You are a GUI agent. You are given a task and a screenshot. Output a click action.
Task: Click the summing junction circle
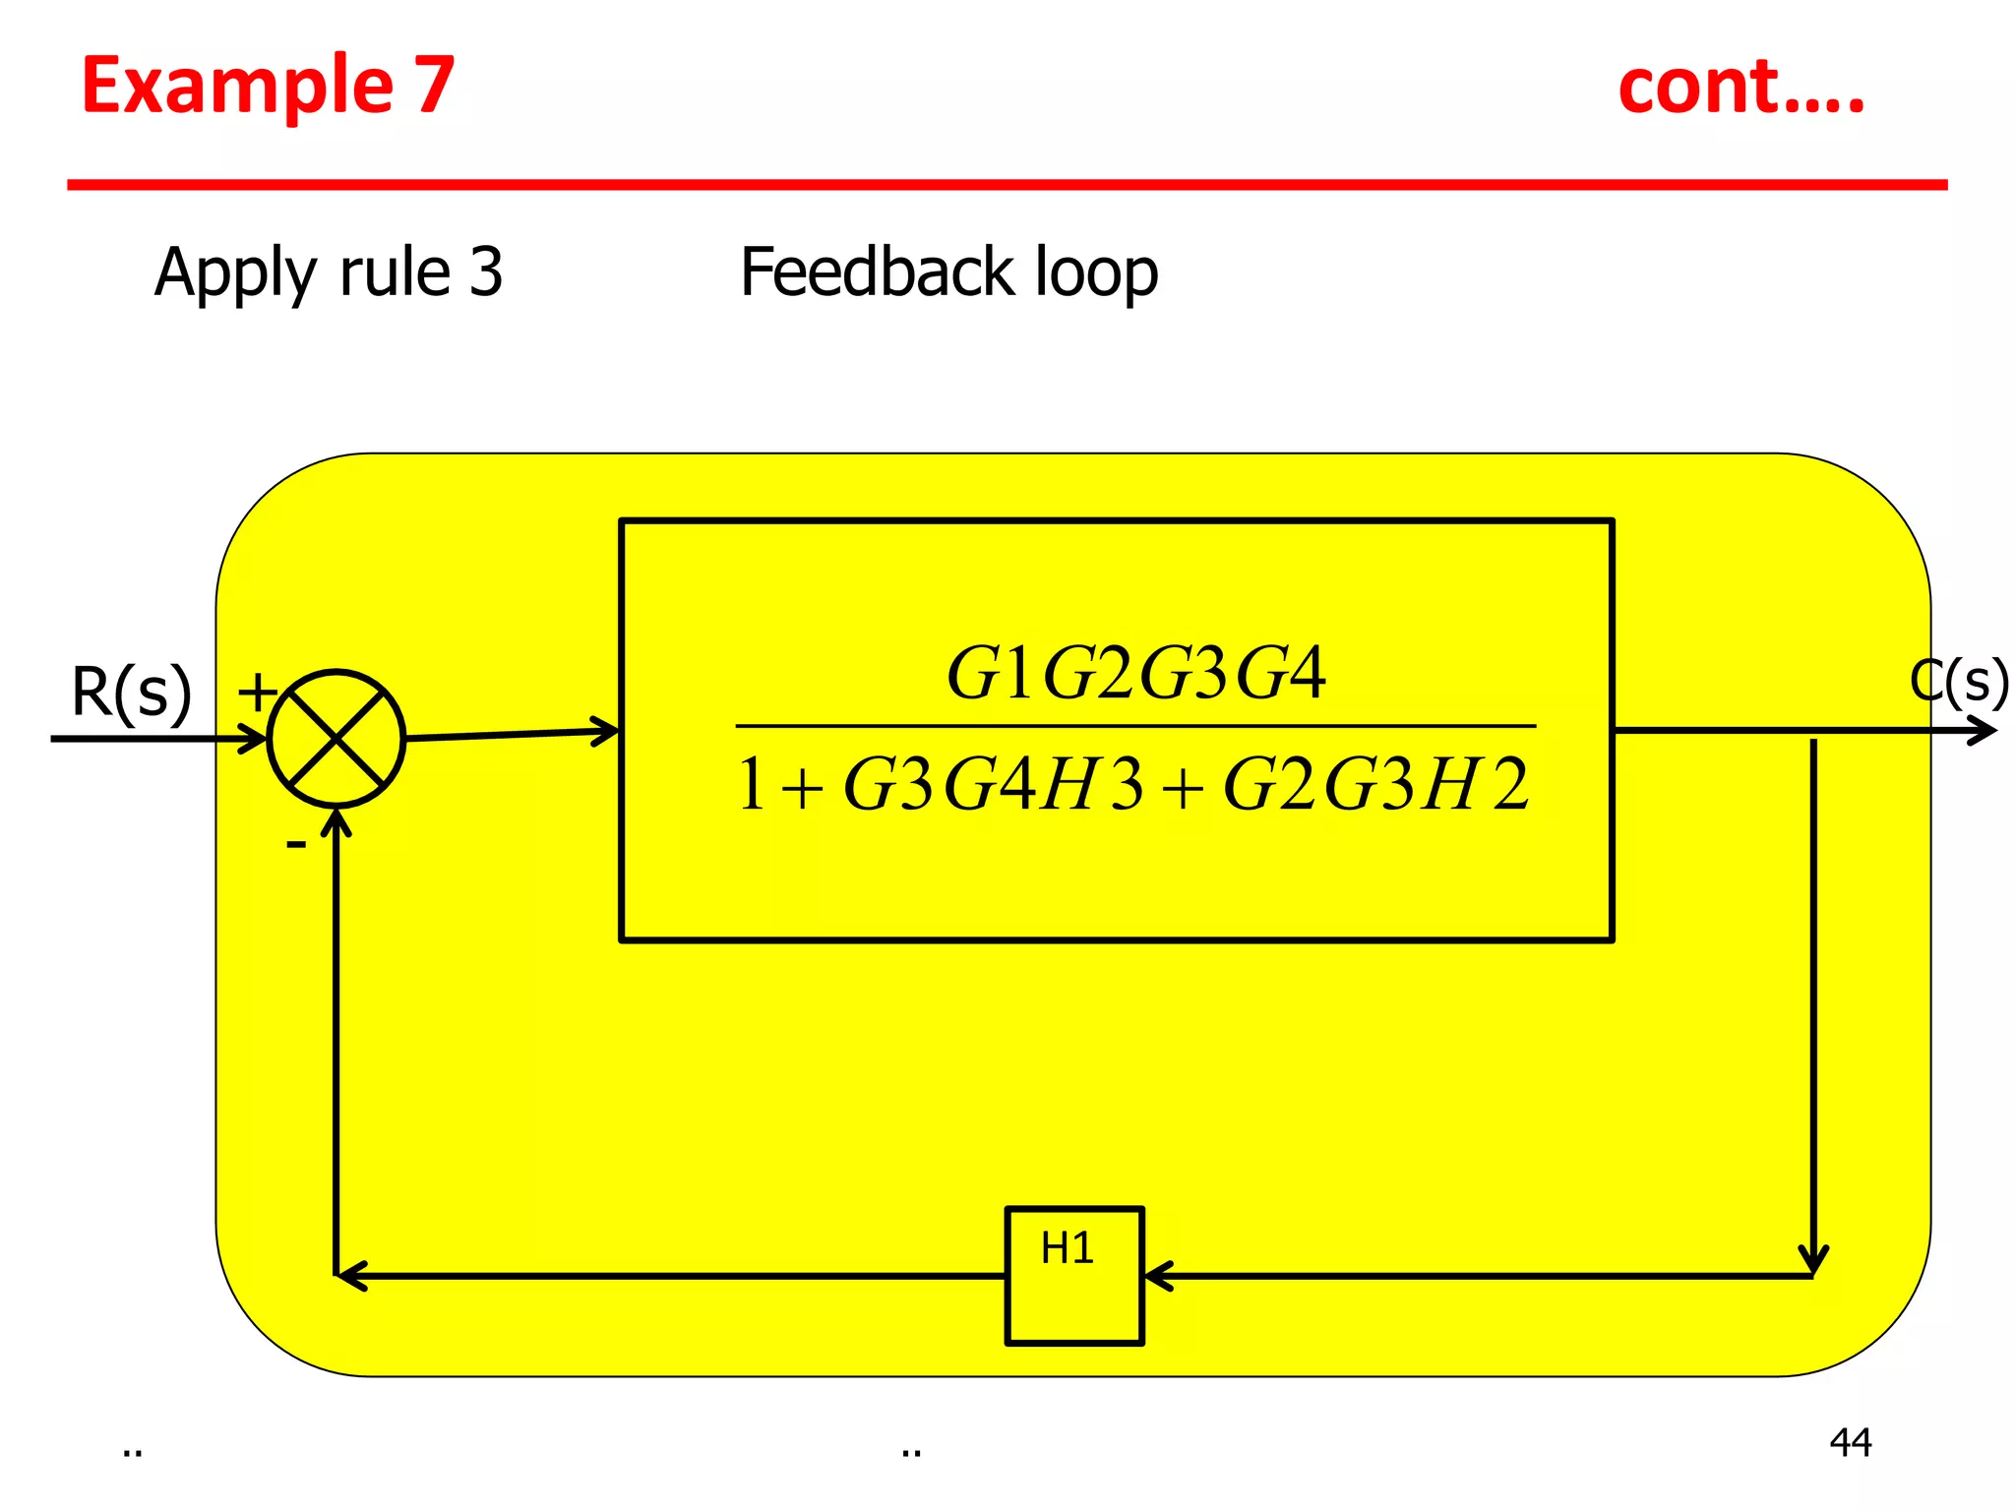point(336,739)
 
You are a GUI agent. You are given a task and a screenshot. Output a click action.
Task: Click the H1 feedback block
point(1073,1275)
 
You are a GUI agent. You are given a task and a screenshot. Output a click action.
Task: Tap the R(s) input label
point(131,693)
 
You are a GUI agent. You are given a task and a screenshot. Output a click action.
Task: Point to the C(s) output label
point(1958,682)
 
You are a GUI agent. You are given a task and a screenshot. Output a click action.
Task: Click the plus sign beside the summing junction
point(258,692)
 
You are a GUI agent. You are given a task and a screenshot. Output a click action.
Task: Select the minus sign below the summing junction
point(295,844)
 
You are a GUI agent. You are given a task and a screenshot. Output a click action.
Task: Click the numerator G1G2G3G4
point(1135,674)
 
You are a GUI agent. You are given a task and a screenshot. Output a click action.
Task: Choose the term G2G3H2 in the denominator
point(1375,785)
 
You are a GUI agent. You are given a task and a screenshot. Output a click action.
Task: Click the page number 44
point(1850,1442)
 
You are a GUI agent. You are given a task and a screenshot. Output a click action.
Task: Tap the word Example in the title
point(236,87)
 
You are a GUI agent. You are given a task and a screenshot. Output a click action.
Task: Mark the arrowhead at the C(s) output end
point(1984,731)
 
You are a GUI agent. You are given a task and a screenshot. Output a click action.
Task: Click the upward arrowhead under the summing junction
point(336,822)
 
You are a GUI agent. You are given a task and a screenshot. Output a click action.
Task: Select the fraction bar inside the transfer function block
point(1135,726)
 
